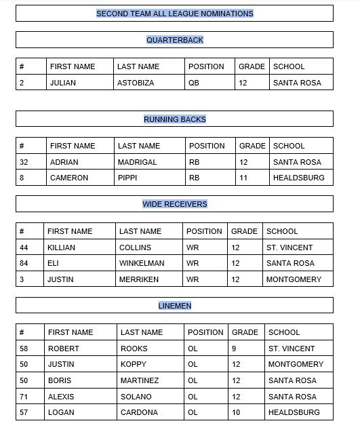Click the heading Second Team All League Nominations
click(x=174, y=14)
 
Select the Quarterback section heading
click(x=174, y=40)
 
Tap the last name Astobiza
click(x=136, y=83)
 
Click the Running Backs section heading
click(x=174, y=119)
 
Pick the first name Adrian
click(x=64, y=162)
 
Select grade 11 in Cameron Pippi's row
click(x=243, y=178)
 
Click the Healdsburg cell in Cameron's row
click(x=298, y=178)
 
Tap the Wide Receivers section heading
click(x=174, y=204)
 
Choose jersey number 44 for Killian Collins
click(x=24, y=247)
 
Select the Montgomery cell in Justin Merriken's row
click(x=294, y=279)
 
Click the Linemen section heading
click(x=174, y=306)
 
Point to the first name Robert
click(x=63, y=349)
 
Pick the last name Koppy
click(x=134, y=364)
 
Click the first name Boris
click(x=59, y=380)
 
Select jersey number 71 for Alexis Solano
click(x=24, y=397)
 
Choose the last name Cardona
click(x=139, y=412)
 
